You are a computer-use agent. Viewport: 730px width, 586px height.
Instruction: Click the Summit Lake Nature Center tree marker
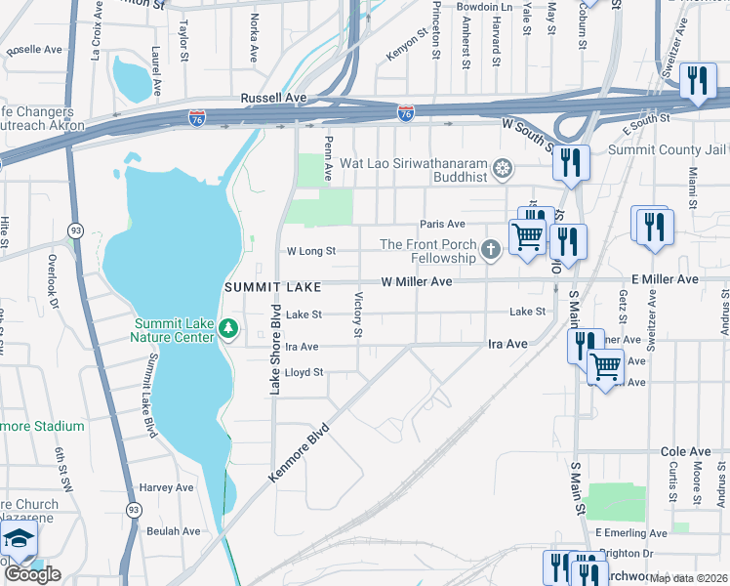pyautogui.click(x=228, y=327)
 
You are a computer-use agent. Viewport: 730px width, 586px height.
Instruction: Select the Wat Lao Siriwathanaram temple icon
pyautogui.click(x=502, y=170)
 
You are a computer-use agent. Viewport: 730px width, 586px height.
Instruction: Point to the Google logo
pyautogui.click(x=32, y=574)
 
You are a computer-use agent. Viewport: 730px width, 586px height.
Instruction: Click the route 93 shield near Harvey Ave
pyautogui.click(x=132, y=509)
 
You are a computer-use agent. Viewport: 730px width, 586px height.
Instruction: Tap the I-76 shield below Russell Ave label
pyautogui.click(x=197, y=118)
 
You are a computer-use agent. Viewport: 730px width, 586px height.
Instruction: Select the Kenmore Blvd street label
pyautogui.click(x=300, y=451)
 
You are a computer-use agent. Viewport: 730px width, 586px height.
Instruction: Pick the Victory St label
pyautogui.click(x=358, y=315)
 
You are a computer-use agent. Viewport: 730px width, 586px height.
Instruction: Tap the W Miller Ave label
pyautogui.click(x=417, y=281)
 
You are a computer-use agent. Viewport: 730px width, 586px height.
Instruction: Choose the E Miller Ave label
pyautogui.click(x=665, y=279)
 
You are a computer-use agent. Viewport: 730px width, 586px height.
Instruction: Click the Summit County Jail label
pyautogui.click(x=668, y=150)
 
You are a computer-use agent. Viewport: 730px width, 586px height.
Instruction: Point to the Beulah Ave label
pyautogui.click(x=173, y=531)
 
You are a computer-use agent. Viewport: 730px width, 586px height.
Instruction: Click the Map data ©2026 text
pyautogui.click(x=689, y=578)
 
